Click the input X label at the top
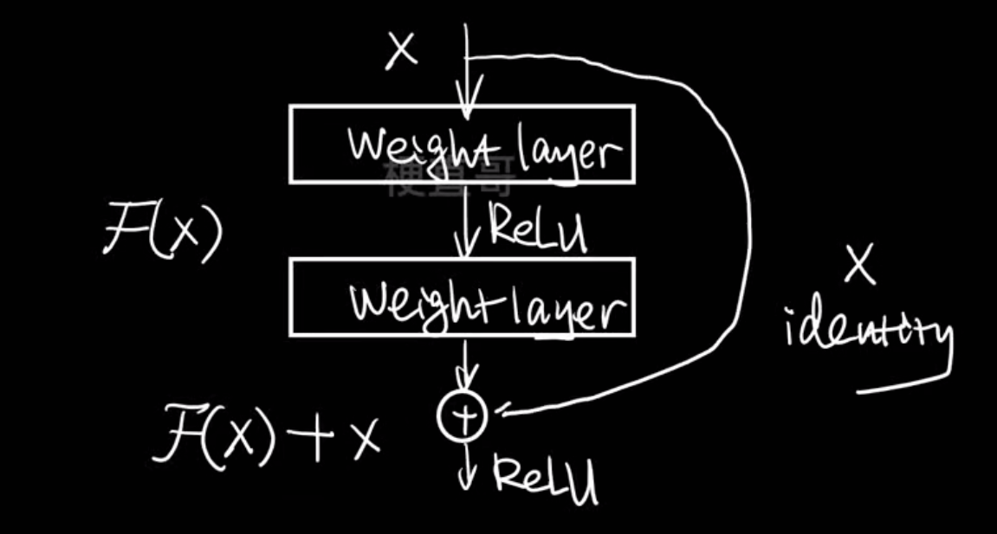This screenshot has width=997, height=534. tap(401, 52)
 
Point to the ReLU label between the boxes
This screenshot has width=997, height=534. tap(538, 227)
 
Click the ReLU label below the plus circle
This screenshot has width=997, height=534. tap(546, 478)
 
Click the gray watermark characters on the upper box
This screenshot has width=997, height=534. tap(450, 177)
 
